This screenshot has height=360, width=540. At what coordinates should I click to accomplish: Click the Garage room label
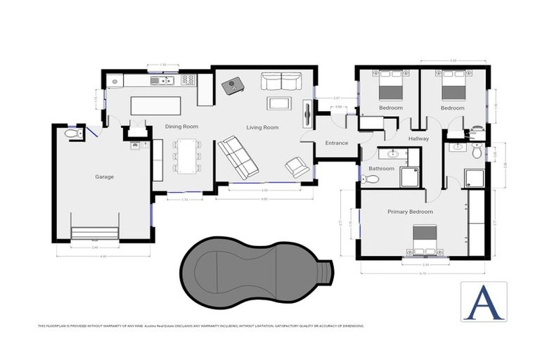(104, 177)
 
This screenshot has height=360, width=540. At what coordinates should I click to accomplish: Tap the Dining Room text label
(181, 127)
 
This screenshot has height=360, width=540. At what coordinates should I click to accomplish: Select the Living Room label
(262, 127)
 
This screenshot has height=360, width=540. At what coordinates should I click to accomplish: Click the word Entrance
(336, 143)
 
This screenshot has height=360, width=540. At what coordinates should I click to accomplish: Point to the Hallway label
(418, 139)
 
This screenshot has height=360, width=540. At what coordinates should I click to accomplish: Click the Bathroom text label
(381, 169)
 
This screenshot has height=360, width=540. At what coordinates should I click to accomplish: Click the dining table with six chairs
(186, 155)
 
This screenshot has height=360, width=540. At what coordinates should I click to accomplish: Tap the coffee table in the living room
(278, 104)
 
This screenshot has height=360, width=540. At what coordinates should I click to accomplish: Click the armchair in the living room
(297, 167)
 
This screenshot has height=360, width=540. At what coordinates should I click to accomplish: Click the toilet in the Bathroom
(369, 179)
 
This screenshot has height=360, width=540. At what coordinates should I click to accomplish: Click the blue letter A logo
(483, 301)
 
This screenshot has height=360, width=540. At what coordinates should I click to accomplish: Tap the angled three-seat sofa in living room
(236, 157)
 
